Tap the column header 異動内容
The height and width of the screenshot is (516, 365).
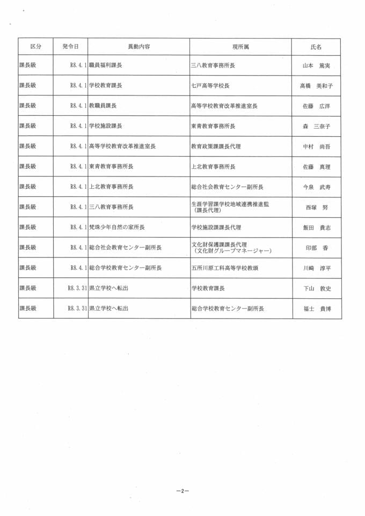point(138,47)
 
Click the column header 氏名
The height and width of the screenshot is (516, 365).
point(316,47)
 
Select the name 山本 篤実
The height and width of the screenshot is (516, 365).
point(316,65)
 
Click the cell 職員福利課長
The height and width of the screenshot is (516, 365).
point(106,65)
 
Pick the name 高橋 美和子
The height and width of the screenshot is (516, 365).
point(316,86)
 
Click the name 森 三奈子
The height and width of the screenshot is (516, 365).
point(316,127)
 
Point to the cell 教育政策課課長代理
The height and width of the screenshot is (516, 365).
point(216,146)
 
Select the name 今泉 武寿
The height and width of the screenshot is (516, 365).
point(316,187)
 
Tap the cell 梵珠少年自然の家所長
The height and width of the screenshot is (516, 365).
point(117,227)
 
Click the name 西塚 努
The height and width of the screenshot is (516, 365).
point(316,208)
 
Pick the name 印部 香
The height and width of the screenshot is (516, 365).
point(316,248)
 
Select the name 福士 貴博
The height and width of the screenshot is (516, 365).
point(316,308)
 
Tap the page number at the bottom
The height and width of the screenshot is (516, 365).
point(182,491)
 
